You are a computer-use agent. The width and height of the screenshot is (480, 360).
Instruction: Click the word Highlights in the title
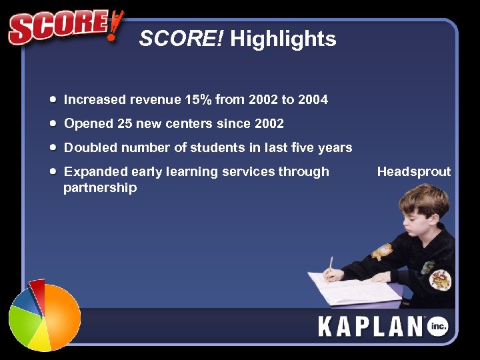tap(283, 39)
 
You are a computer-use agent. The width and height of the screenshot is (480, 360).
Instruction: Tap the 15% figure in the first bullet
tap(199, 100)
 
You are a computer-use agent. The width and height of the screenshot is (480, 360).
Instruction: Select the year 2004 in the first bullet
tap(313, 100)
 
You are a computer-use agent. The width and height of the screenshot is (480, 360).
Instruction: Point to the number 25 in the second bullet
tap(125, 124)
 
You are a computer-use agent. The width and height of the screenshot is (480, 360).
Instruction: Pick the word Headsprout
tap(413, 172)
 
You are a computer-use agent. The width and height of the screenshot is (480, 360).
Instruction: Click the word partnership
tap(100, 188)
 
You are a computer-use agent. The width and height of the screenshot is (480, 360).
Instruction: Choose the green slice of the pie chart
tap(21, 323)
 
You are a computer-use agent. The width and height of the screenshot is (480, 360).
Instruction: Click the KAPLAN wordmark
tap(370, 327)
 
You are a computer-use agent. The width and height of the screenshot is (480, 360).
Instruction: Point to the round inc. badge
tap(437, 326)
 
